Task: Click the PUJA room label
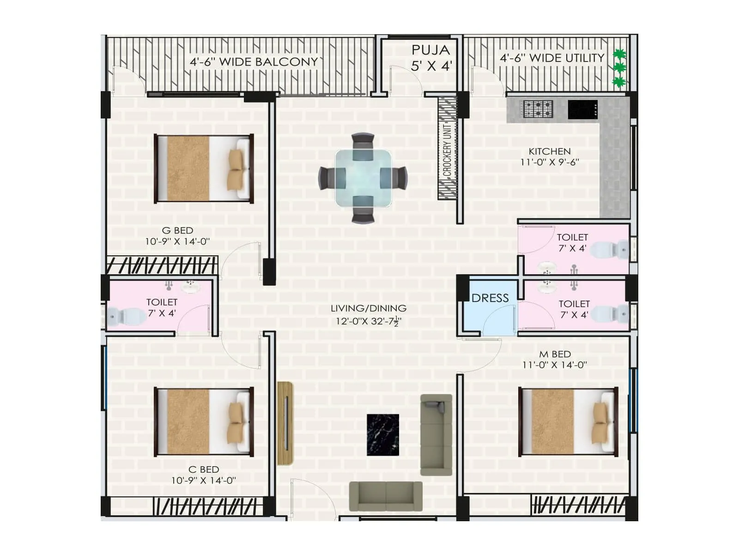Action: tap(430, 50)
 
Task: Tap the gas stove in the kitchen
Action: tap(538, 110)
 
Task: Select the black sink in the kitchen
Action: tap(582, 110)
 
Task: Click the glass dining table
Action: tap(363, 178)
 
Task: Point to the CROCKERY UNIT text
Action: tap(447, 149)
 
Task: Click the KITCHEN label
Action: tap(549, 151)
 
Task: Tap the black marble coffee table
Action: tap(383, 435)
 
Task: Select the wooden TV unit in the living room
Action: tap(285, 423)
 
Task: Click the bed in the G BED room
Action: tap(204, 169)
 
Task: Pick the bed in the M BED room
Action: tap(568, 422)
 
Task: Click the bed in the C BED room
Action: tap(204, 422)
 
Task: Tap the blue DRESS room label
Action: tap(490, 298)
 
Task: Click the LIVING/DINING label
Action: tap(369, 308)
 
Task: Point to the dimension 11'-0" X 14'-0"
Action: tap(554, 365)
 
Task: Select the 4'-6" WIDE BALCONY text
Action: tap(254, 62)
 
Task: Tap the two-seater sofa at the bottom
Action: tap(386, 497)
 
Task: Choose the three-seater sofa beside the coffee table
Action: tap(436, 435)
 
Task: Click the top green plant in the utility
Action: tap(619, 54)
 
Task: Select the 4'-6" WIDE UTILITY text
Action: tap(552, 58)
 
